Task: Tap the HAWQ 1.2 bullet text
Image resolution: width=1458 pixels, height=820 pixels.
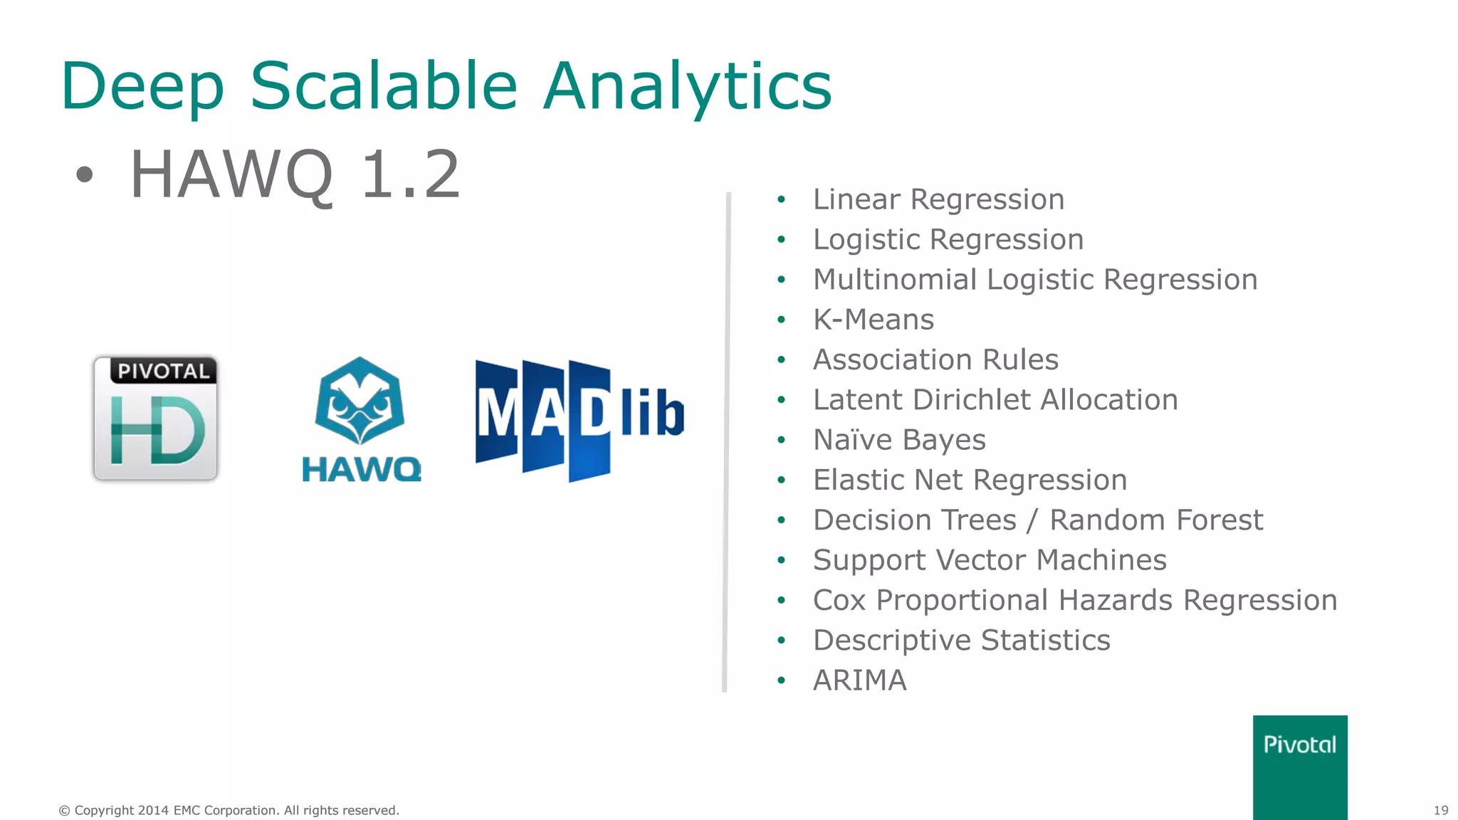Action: (295, 174)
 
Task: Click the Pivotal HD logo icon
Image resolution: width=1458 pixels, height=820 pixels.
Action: (155, 419)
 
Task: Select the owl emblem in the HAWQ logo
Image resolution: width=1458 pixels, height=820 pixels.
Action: (360, 401)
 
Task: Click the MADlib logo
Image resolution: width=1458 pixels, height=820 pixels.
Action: (579, 420)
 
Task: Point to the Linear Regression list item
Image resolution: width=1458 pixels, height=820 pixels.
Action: (938, 199)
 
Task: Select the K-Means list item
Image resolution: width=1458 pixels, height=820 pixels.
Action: (873, 320)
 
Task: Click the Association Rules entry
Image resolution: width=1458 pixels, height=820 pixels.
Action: (935, 359)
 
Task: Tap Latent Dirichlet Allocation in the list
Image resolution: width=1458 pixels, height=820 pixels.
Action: (995, 400)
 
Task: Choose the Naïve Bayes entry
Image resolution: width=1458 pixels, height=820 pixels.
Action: (899, 440)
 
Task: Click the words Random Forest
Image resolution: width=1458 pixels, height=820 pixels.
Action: (1155, 520)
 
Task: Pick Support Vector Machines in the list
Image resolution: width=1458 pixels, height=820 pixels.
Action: (990, 560)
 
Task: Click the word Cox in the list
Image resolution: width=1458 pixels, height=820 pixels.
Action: (839, 600)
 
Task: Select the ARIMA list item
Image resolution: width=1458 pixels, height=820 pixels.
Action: (859, 680)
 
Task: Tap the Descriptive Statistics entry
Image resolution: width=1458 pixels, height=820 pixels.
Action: (961, 641)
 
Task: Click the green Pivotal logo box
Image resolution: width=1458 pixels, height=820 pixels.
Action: (1299, 767)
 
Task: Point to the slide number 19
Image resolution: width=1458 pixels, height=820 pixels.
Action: (1440, 810)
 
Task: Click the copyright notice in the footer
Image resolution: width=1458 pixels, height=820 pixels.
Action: (229, 810)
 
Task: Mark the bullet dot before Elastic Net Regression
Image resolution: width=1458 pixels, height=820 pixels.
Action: (781, 480)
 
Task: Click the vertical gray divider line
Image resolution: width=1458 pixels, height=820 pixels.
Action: (726, 441)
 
